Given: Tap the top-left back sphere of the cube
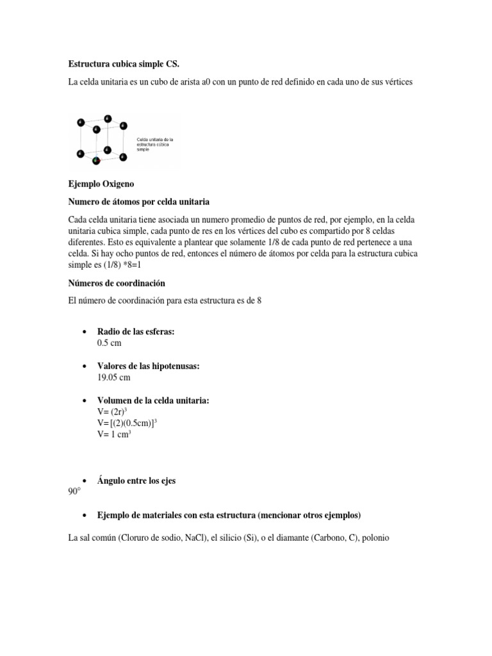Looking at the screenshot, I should (x=107, y=119).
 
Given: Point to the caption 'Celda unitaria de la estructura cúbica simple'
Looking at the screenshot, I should (x=155, y=144).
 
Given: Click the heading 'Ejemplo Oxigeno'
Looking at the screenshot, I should (x=101, y=184).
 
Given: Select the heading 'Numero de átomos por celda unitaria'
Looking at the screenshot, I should (x=139, y=202).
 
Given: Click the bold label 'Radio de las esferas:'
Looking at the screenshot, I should (x=136, y=331).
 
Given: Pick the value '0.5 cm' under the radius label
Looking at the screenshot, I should (x=109, y=343).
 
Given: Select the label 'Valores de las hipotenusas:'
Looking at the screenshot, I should (x=148, y=366).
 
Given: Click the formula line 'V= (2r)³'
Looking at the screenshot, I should (x=114, y=411).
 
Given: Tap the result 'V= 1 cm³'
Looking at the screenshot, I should (x=115, y=434).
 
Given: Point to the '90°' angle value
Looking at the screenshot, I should (x=76, y=492).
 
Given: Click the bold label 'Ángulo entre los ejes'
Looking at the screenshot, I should (x=136, y=480).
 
